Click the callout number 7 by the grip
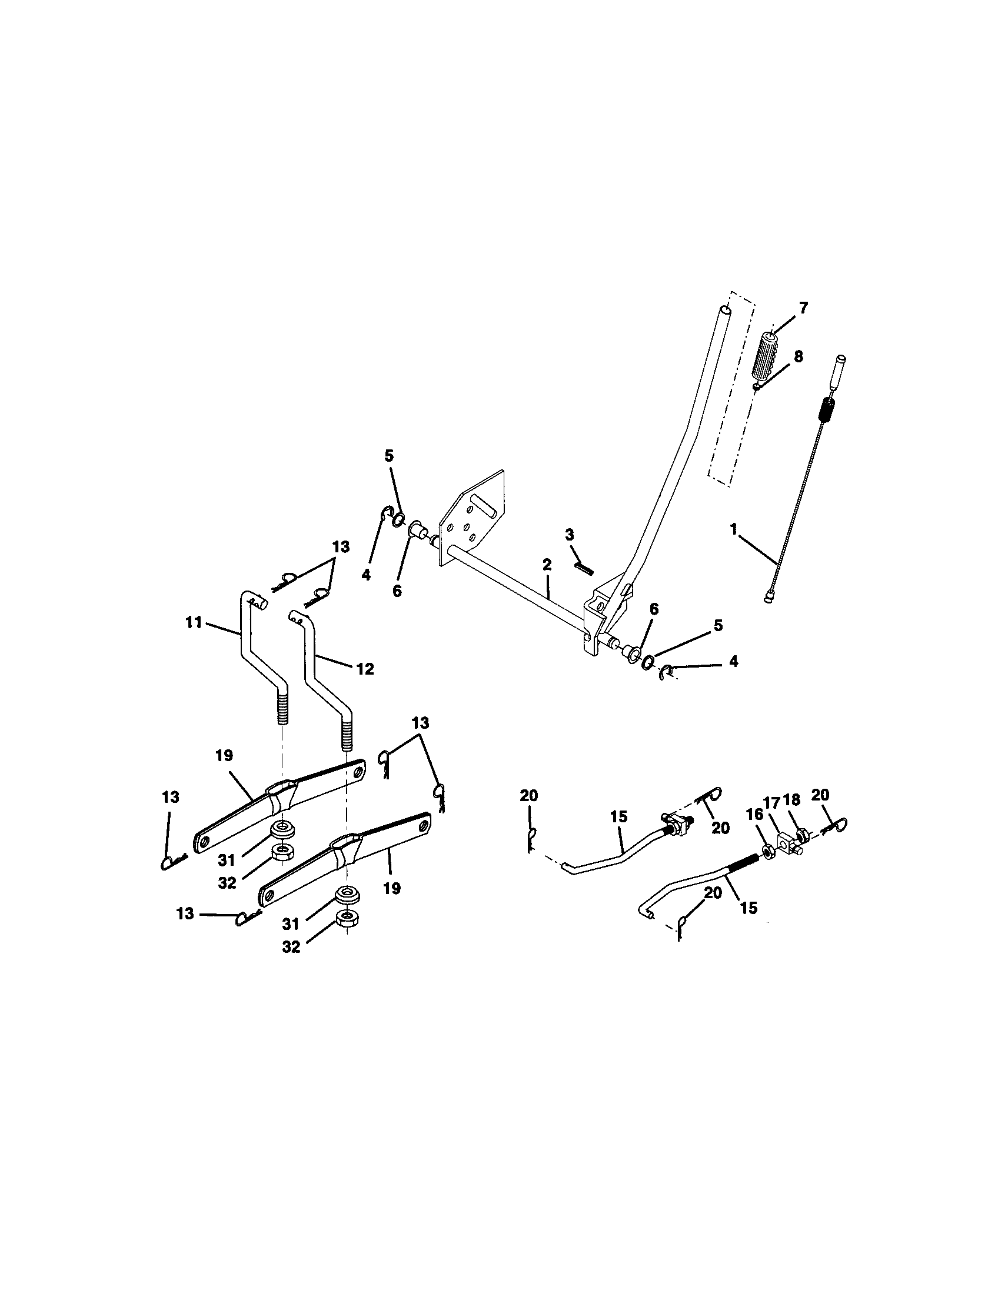click(x=803, y=308)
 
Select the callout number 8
click(x=799, y=356)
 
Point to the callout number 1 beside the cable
click(x=734, y=529)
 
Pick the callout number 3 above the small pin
click(x=570, y=535)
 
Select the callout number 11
click(x=194, y=623)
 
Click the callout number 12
click(x=365, y=669)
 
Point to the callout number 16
click(x=754, y=815)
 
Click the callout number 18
click(x=792, y=800)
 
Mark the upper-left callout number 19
click(x=225, y=756)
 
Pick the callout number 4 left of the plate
click(x=366, y=575)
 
